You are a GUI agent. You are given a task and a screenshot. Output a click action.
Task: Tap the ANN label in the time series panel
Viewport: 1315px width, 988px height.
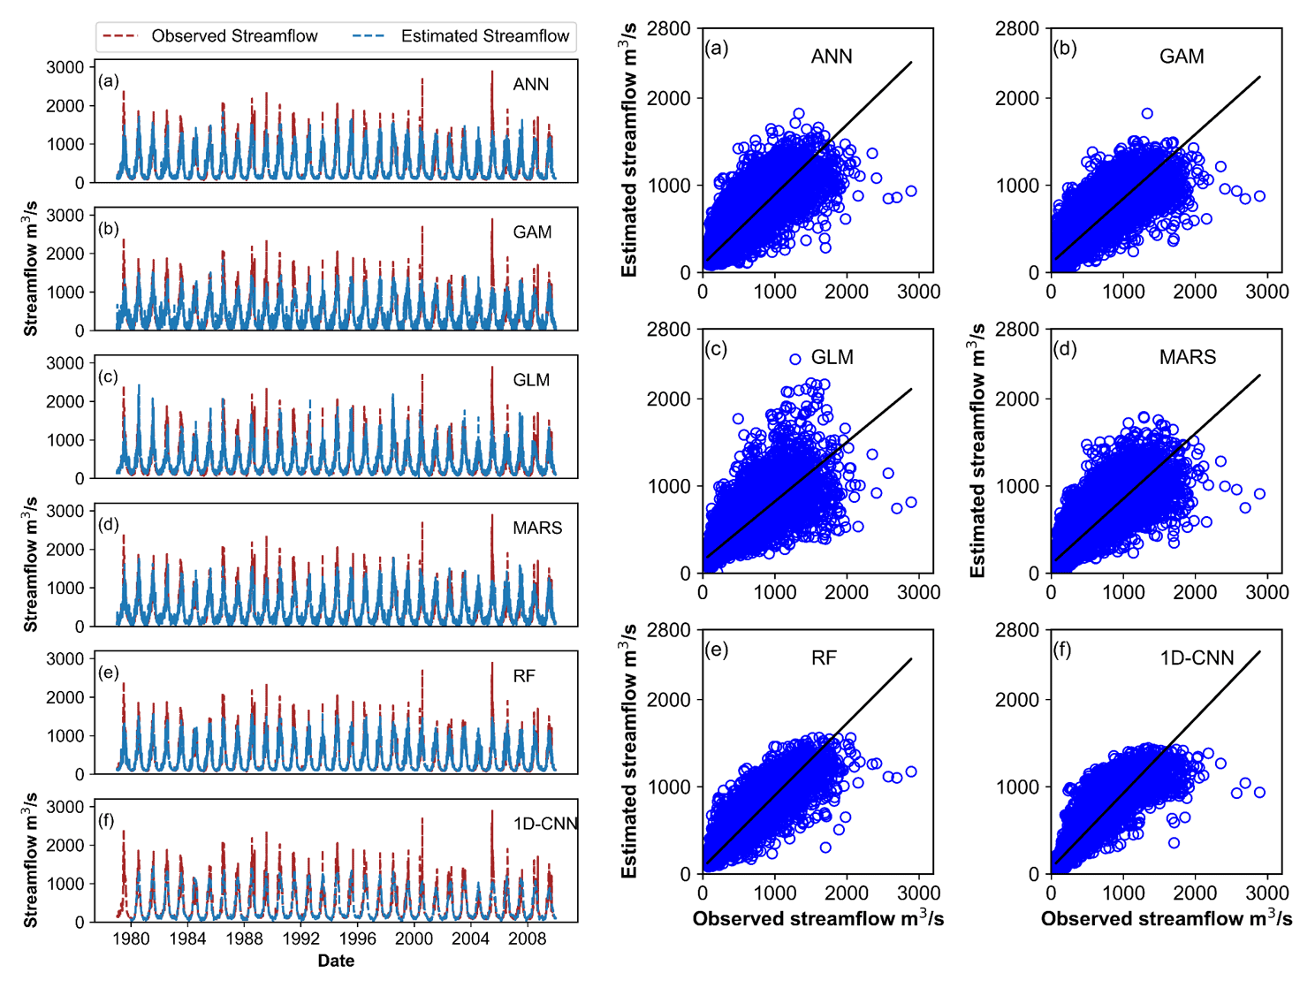point(530,85)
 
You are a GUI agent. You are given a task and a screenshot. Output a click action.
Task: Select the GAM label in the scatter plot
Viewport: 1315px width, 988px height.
point(1182,57)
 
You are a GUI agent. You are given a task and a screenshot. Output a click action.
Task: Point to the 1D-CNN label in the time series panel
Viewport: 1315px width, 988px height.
point(544,824)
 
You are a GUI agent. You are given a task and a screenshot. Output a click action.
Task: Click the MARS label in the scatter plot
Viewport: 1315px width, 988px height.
point(1187,357)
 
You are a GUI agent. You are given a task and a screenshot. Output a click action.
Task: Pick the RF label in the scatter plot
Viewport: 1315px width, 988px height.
point(824,657)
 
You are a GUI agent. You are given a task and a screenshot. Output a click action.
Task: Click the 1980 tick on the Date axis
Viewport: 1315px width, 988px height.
point(131,939)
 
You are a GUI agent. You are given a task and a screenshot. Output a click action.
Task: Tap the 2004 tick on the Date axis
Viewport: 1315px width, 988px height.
point(470,939)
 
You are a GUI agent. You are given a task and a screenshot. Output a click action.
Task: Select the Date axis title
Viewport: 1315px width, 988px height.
point(336,961)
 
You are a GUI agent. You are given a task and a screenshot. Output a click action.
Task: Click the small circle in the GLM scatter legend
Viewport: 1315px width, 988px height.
point(794,359)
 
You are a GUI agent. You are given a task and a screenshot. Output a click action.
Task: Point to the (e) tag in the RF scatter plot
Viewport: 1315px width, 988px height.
point(716,650)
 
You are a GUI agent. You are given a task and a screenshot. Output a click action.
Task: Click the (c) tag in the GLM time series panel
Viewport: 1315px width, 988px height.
point(109,377)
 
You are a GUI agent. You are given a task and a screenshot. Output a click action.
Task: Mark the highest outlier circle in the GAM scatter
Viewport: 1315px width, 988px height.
point(1147,113)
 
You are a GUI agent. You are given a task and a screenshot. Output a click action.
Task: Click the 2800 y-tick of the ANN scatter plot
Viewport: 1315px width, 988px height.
point(668,29)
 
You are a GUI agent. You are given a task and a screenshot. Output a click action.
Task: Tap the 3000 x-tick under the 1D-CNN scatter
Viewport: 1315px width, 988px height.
point(1266,893)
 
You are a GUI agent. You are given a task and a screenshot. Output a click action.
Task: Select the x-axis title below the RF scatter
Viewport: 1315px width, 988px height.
point(818,919)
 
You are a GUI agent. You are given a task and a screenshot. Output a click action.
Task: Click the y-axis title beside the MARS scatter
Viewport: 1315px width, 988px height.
point(977,451)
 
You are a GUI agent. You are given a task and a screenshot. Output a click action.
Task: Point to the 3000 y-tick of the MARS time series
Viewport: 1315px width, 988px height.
point(65,511)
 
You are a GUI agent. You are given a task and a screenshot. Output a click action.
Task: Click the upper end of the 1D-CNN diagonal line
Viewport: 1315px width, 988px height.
point(1259,652)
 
